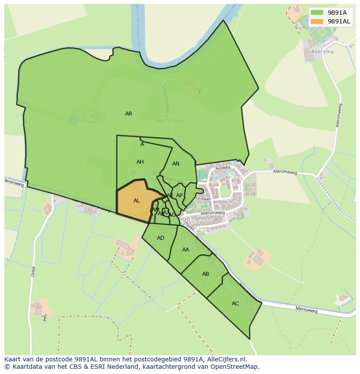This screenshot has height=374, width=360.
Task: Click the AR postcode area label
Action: (129, 114)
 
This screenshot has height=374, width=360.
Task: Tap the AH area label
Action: (140, 162)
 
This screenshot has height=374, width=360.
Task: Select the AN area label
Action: (176, 164)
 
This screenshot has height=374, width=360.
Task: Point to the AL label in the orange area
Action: (137, 201)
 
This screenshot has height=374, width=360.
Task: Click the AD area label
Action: (161, 238)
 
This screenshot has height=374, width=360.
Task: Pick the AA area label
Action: (186, 250)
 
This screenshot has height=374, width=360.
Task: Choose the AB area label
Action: (206, 274)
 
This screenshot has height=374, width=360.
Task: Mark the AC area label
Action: (235, 304)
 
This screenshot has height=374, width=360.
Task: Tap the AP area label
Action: (179, 195)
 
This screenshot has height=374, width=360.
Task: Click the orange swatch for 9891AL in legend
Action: (317, 21)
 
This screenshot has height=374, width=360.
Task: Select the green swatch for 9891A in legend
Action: (317, 13)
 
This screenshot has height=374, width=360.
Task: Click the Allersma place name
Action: (322, 51)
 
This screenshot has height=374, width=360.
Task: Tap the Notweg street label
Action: (222, 167)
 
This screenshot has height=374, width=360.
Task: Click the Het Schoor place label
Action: (170, 120)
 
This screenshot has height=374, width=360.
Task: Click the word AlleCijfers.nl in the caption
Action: (226, 359)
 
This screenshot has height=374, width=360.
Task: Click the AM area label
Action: (155, 210)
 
